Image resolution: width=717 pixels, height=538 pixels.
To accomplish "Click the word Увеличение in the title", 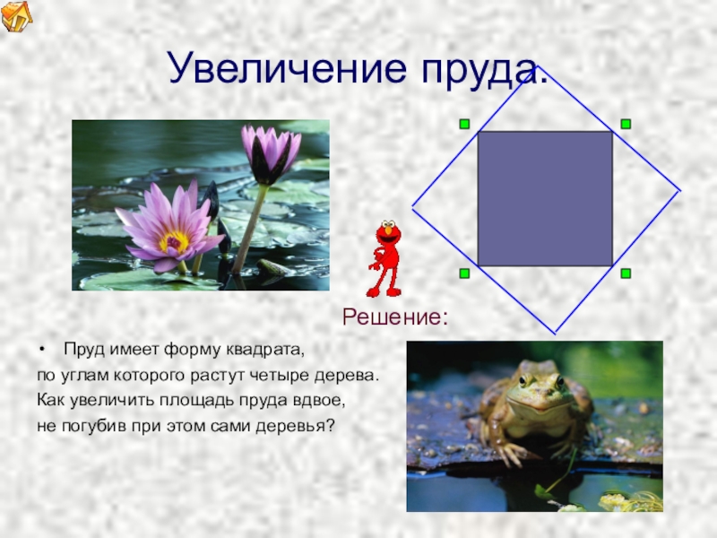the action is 288,67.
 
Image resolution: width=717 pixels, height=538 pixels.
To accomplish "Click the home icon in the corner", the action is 16,15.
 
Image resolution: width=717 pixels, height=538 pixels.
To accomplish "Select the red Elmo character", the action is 385,258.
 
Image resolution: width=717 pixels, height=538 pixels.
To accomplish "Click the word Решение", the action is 395,317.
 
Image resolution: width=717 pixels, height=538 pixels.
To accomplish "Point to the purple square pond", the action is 545,198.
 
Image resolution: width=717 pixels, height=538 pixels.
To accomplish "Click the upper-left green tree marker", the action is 464,124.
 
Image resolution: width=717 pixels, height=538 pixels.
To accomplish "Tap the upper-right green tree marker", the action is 626,124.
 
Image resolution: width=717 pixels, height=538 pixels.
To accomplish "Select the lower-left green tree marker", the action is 464,273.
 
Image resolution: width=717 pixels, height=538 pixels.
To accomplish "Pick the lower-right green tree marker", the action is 626,273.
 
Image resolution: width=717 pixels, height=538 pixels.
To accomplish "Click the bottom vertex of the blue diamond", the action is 556,334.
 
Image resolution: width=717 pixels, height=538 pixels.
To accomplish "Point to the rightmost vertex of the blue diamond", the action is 680,191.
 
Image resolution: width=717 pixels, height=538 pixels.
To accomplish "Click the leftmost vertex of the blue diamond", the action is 413,209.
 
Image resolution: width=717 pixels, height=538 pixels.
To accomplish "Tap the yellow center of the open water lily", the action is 174,241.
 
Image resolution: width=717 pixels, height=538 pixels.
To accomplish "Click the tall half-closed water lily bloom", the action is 270,153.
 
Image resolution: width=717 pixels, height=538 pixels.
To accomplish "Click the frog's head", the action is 540,386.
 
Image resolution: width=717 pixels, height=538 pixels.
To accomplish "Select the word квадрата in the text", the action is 264,350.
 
